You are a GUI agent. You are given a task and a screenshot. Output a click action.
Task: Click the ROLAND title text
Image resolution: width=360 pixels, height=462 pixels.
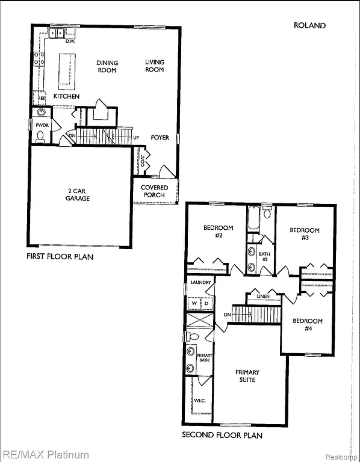(309, 25)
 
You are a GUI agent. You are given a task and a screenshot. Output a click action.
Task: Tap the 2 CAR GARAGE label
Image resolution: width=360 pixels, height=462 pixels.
(78, 194)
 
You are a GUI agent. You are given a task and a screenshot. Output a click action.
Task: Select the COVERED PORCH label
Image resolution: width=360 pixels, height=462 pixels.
(155, 191)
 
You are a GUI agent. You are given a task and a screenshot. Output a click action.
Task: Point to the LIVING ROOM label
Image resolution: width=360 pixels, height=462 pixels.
(154, 66)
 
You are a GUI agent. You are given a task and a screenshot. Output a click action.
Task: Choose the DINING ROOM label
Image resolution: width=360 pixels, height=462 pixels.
(107, 66)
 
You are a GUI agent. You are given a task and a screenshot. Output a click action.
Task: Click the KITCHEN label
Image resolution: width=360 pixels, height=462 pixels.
(66, 96)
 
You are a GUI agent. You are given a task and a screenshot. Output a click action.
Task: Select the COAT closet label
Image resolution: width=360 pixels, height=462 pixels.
(142, 161)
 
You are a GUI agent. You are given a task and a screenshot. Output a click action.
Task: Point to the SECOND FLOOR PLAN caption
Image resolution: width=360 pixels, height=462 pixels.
(222, 435)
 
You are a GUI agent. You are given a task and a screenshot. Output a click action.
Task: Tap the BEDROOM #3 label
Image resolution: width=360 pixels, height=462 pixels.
(304, 234)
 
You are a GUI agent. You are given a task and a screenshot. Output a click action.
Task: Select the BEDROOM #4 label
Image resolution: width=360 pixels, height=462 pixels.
(307, 325)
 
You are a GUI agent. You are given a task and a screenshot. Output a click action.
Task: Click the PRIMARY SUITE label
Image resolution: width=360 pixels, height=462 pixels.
(247, 376)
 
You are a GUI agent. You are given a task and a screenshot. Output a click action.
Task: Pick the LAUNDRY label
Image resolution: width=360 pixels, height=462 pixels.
(199, 282)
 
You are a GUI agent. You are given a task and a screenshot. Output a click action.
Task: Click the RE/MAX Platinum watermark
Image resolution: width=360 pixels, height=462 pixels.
(45, 455)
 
